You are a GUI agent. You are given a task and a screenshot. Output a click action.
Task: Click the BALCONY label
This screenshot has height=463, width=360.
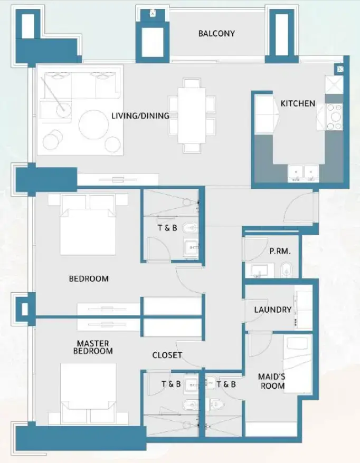coord(216,34)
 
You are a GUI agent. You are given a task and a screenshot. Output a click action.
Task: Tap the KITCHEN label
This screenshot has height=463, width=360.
coord(298,104)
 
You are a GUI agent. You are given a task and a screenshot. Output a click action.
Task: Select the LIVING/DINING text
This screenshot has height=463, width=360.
coord(140,115)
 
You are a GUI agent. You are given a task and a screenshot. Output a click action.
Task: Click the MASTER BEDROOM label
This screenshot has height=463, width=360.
coord(93,347)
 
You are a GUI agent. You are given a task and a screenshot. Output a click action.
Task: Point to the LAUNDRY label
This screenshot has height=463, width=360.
coord(272,310)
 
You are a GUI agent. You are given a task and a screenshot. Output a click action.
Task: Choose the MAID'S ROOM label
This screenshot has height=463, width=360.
coord(271,381)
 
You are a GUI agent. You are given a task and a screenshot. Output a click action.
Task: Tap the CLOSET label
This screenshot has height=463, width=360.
coord(167,355)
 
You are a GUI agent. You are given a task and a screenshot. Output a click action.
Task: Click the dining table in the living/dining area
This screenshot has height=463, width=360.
coord(192,114)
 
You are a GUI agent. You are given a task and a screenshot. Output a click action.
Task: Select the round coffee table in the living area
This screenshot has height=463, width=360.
coord(93,124)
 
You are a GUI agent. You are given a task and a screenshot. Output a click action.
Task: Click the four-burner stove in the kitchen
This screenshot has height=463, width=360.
coord(335,117)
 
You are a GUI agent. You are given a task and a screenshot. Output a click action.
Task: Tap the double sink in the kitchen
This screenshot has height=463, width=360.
coord(304,172)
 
